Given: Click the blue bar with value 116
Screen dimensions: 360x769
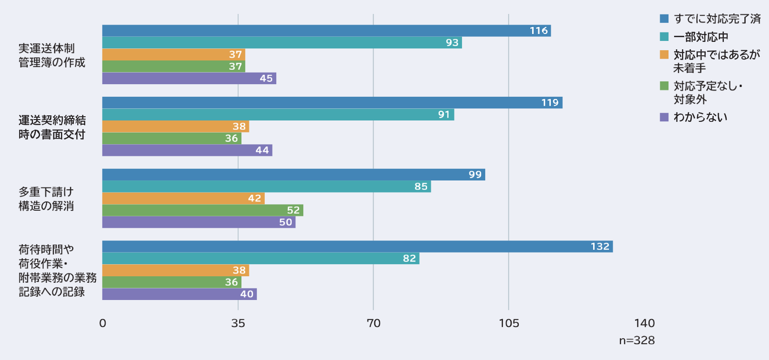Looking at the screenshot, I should point(326,31).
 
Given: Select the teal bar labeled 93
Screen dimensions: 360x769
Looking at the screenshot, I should point(281,43).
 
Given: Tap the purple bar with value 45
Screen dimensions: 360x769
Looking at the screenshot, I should point(189,79).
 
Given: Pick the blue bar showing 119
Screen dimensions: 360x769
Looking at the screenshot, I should point(332,103).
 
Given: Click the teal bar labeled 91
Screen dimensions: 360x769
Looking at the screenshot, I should point(278,115).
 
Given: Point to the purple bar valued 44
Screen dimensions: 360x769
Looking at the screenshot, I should point(187,150).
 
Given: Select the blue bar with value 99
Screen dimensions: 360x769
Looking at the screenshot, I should point(293,175).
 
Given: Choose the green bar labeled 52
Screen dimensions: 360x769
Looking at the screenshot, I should point(202,211).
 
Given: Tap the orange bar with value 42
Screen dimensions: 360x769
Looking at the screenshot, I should point(183,199).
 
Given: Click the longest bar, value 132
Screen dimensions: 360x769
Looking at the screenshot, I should point(357,247).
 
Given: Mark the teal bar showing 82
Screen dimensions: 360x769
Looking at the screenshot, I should point(261,259).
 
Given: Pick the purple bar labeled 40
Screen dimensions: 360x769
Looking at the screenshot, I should point(179,294).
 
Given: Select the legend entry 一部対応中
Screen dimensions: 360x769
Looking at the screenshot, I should point(700,37).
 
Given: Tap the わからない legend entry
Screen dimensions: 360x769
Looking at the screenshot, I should point(700,117).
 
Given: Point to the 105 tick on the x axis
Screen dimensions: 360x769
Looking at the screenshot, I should point(508,323).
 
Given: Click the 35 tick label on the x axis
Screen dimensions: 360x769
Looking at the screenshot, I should point(238,323).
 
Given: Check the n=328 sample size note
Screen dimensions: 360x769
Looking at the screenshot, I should point(636,340).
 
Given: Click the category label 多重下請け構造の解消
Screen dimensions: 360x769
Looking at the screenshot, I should point(46,199).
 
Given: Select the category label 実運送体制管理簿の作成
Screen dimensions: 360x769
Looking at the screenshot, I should point(52,55).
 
